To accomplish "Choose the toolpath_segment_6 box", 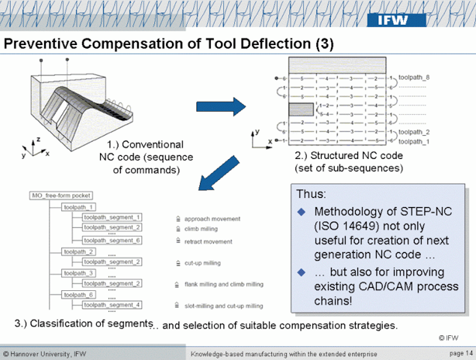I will click(112, 240).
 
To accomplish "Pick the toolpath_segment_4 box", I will click(112, 305).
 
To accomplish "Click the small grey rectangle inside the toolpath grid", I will click(304, 109).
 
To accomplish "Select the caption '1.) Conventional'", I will click(146, 144).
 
